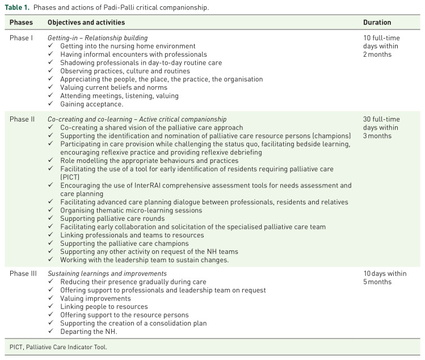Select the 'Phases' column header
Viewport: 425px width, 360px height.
21,23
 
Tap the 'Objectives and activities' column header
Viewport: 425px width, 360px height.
86,23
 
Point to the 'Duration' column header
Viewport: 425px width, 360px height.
377,23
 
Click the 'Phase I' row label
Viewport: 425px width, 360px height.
22,37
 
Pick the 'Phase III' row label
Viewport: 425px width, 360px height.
24,273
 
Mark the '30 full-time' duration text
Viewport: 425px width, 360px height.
381,119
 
